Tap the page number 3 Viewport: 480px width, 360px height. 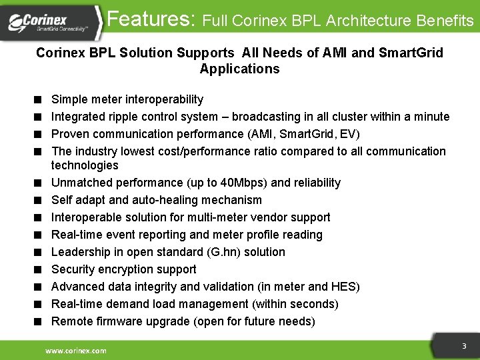pos(464,346)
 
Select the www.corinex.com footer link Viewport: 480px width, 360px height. pos(75,351)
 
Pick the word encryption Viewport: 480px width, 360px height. pos(127,269)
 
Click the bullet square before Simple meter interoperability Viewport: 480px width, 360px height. pos(40,100)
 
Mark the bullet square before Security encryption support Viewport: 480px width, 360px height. pos(40,269)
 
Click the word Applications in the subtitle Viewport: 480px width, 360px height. pos(239,69)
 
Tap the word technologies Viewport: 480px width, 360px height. pos(85,165)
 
